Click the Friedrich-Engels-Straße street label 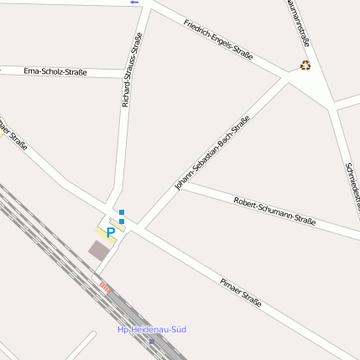(218, 37)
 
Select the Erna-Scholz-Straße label (55, 71)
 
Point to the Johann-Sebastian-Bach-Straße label (212, 153)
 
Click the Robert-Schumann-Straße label (274, 211)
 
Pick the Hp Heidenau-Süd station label (152, 329)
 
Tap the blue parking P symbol (110, 232)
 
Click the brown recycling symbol (305, 65)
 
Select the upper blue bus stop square (122, 212)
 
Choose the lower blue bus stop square (122, 222)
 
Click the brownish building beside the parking (99, 250)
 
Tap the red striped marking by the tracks (105, 287)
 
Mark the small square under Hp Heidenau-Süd (152, 341)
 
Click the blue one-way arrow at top (133, 3)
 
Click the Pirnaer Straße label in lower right (241, 291)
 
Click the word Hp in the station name (123, 329)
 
